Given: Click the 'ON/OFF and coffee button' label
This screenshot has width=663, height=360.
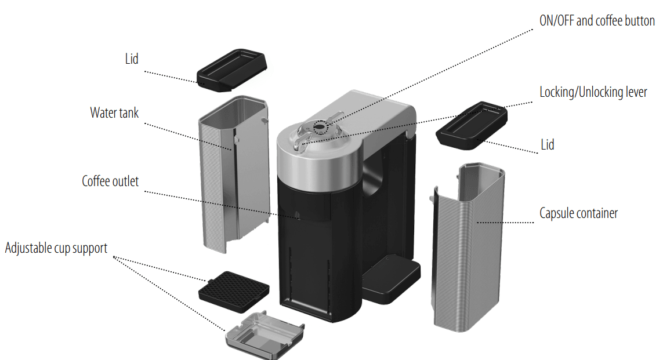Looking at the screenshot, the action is tap(597, 21).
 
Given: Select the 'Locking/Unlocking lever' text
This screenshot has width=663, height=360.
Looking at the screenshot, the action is tap(593, 92).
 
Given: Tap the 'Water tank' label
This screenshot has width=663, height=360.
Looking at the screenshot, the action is tap(114, 113).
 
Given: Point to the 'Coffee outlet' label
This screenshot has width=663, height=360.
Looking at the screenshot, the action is tap(110, 181).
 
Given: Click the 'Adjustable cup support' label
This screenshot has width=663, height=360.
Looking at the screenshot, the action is tap(56, 248).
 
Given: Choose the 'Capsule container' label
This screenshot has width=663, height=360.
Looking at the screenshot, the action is tap(578, 213).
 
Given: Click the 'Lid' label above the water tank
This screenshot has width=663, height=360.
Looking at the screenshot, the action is tap(132, 59).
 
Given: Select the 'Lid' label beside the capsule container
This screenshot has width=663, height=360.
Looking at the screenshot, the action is tap(548, 145).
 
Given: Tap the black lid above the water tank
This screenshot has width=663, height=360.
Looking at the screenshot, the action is tap(231, 70).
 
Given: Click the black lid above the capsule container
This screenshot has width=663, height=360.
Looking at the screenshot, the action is tap(472, 125).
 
